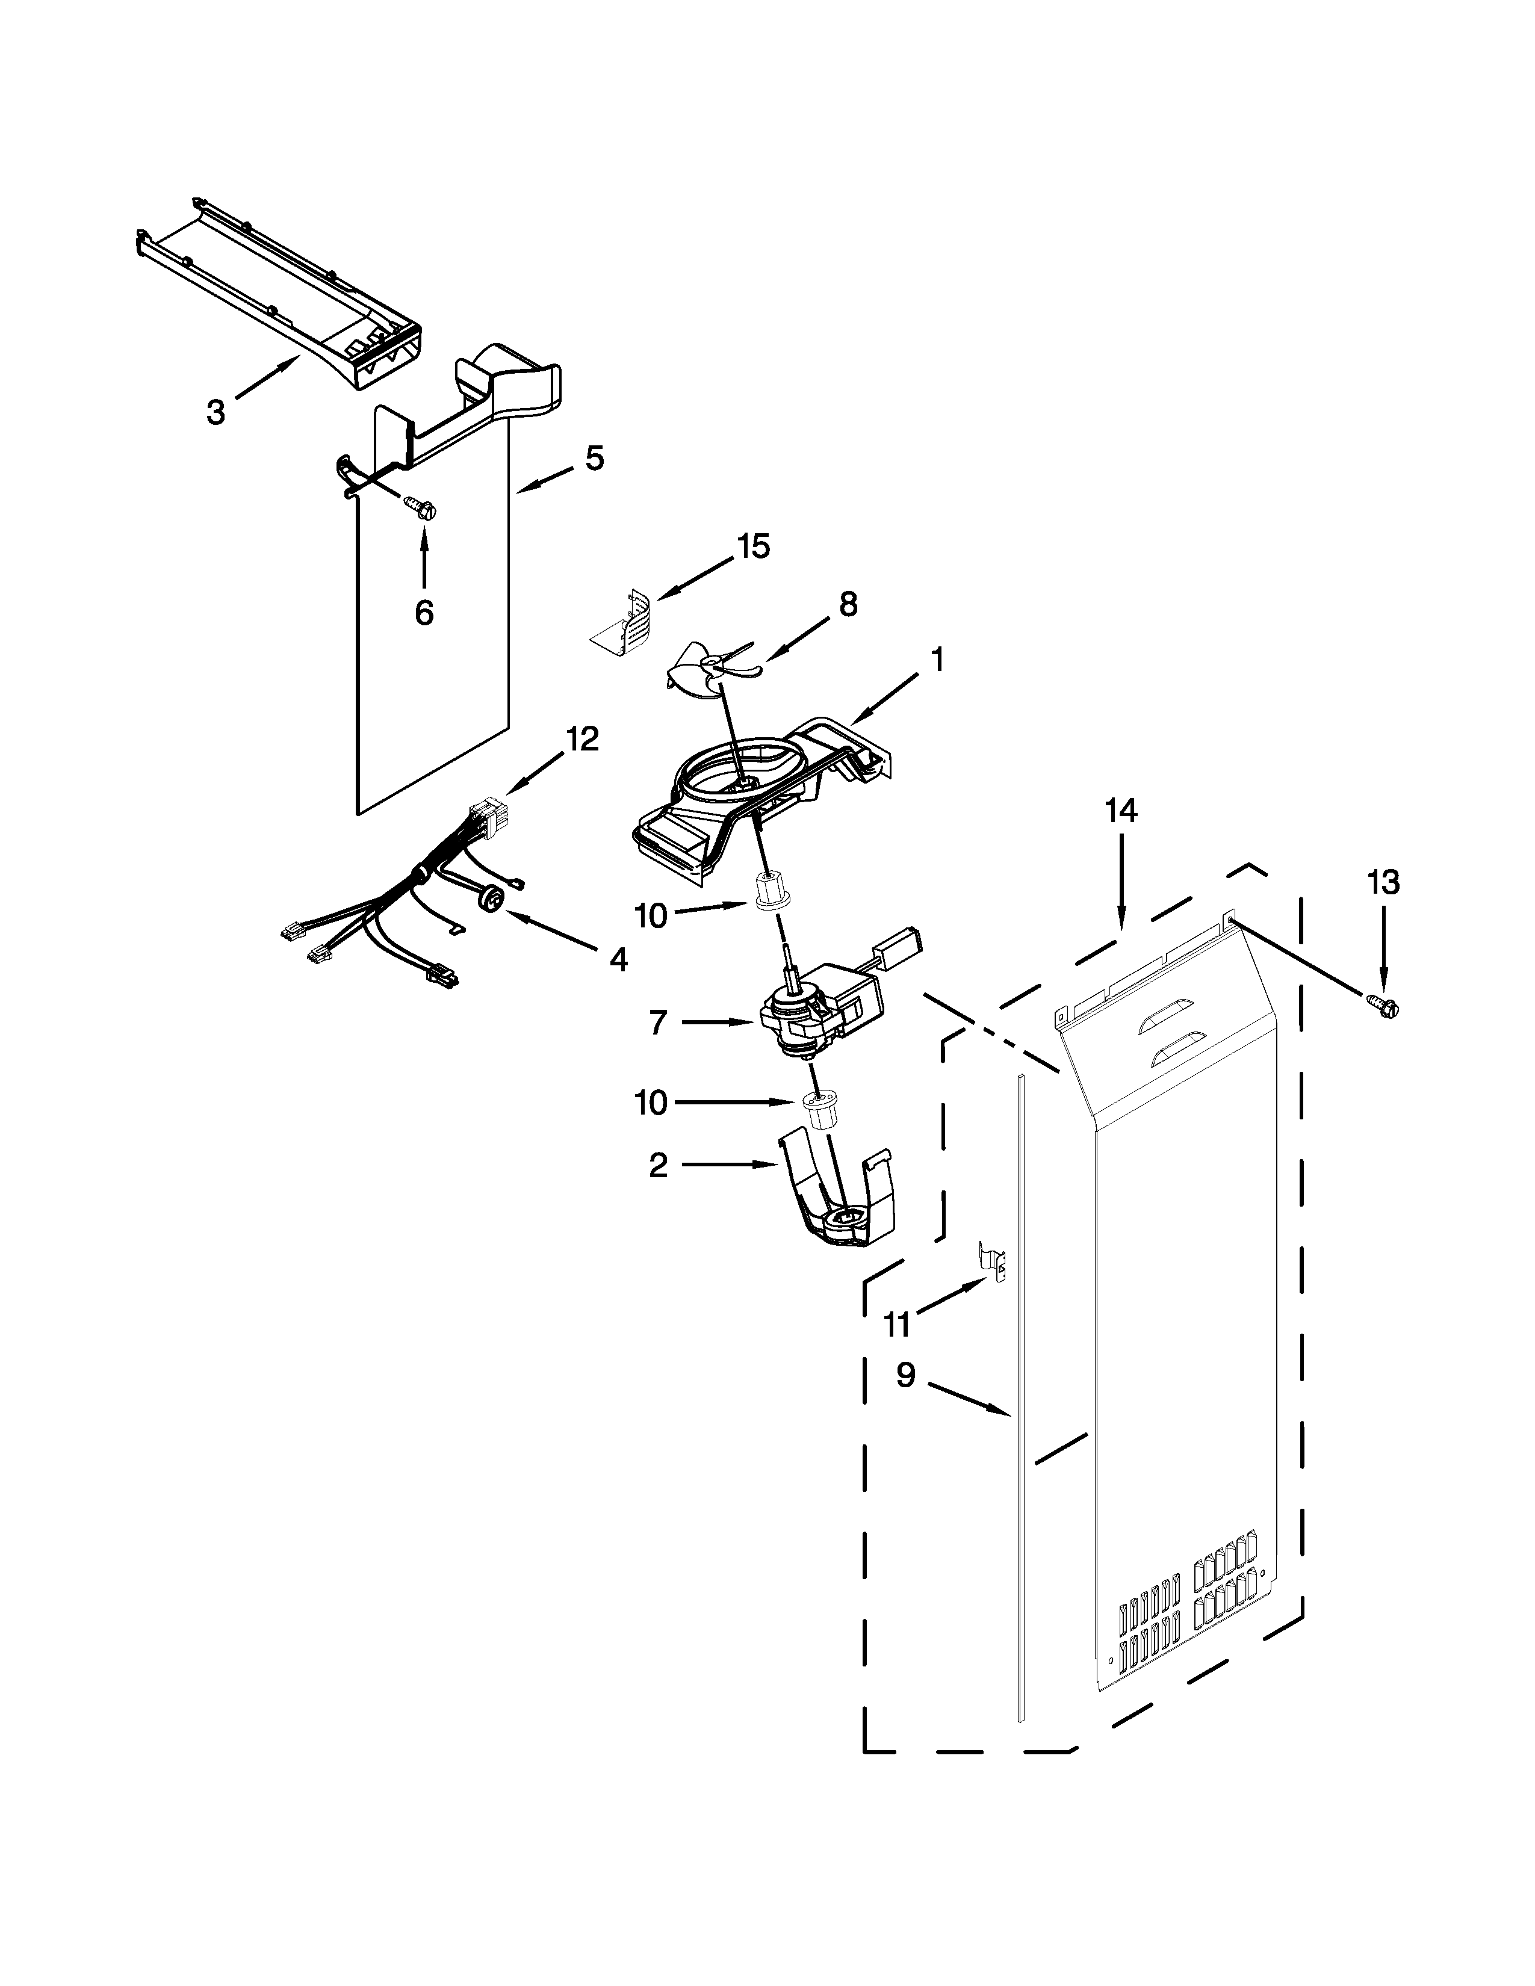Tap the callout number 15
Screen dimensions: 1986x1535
click(x=753, y=546)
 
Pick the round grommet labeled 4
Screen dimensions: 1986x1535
click(x=492, y=899)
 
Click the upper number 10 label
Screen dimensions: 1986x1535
click(x=651, y=916)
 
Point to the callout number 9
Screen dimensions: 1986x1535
click(x=905, y=1376)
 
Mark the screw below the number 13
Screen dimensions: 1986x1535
click(x=1385, y=1007)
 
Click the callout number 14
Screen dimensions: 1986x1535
click(x=1121, y=809)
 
